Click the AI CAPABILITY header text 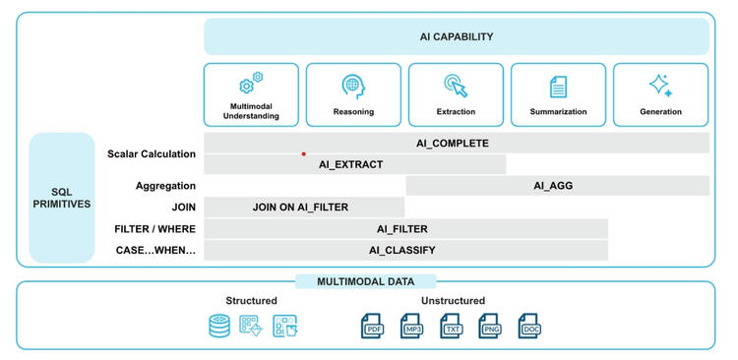(x=456, y=37)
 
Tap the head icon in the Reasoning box (x=353, y=86)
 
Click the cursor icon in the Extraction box (x=456, y=86)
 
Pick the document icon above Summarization (x=558, y=87)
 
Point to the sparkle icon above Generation (x=660, y=86)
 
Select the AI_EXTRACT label (x=350, y=165)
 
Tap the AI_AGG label (x=553, y=185)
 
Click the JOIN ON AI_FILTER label (x=300, y=208)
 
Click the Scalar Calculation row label (x=152, y=153)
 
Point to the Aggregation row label (x=165, y=185)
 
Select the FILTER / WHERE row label (x=154, y=229)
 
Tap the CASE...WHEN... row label (x=155, y=250)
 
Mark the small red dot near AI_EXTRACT (x=303, y=153)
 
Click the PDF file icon (x=373, y=327)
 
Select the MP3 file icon (x=411, y=327)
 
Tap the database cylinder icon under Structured (x=218, y=327)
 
